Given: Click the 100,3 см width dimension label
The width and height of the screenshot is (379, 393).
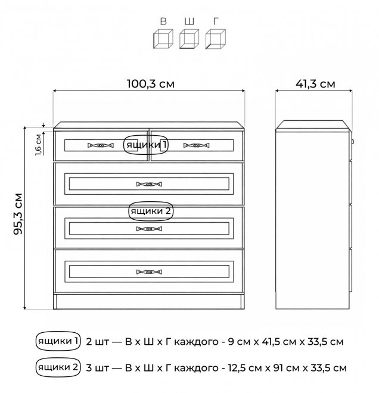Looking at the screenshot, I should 150,84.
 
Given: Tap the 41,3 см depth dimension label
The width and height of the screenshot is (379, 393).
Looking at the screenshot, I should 315,84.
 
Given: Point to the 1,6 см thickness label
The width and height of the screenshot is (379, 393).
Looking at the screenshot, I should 38,144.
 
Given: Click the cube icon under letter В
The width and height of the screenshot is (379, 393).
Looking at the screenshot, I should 162,39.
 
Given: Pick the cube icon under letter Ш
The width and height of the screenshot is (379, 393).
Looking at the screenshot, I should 189,39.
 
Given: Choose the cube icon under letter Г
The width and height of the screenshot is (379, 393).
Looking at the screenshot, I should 215,39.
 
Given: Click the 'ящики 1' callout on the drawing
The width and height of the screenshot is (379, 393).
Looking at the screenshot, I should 147,145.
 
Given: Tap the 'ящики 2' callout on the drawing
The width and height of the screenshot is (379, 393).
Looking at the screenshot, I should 151,211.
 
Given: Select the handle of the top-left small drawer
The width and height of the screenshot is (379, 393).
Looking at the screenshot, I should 101,145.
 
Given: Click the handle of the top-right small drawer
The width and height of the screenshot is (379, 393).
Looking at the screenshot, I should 196,145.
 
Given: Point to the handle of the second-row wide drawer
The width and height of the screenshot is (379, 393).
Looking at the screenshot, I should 149,184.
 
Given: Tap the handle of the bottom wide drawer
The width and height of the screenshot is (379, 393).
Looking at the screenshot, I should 149,272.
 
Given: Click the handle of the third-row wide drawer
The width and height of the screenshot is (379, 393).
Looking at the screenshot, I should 149,228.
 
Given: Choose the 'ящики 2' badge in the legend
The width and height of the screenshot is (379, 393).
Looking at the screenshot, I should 58,367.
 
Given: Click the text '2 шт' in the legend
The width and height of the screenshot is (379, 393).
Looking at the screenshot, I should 97,342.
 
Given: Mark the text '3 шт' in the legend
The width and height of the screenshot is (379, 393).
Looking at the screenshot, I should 97,367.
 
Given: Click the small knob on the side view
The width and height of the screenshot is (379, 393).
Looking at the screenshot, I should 353,142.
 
